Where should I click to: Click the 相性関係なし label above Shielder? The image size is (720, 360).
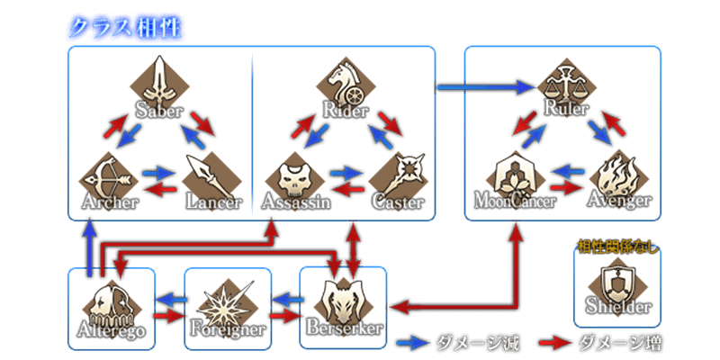(x=616, y=242)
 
